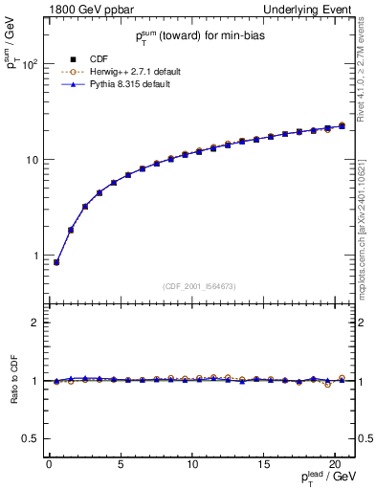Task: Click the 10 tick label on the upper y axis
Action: tap(31, 160)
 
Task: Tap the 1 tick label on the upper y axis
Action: tap(34, 256)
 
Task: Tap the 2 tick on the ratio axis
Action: tap(34, 323)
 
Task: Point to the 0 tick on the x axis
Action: tap(49, 465)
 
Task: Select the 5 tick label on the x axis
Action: tap(121, 465)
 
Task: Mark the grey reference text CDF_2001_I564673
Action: tap(201, 285)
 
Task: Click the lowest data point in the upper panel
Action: tap(56, 262)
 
